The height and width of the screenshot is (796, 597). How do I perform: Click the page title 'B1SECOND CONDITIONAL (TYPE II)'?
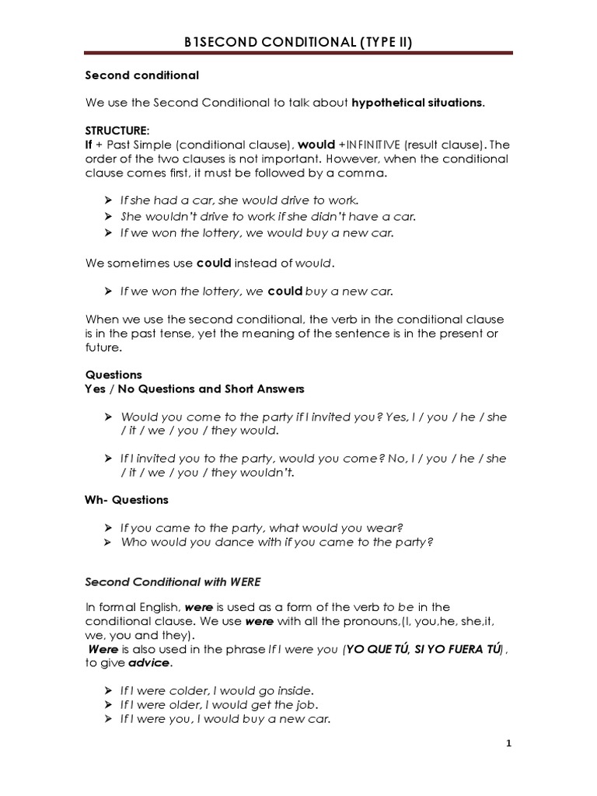tap(298, 43)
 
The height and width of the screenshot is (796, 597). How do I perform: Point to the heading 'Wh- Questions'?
tap(126, 500)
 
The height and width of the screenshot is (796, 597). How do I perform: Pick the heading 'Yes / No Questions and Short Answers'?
tap(194, 389)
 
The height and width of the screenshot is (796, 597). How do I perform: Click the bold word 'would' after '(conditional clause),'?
tap(316, 145)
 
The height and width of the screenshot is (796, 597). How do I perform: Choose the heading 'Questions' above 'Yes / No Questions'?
tap(113, 375)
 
